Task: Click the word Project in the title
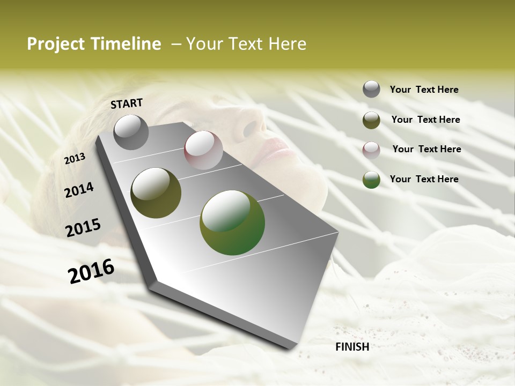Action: [x=54, y=44]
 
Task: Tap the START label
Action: [x=127, y=103]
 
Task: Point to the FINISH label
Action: [x=352, y=347]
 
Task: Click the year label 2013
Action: [x=75, y=159]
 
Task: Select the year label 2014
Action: [x=79, y=190]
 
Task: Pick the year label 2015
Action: [x=83, y=228]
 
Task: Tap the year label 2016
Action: [x=91, y=271]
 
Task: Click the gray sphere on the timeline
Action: [x=131, y=132]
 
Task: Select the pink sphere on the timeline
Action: [x=203, y=150]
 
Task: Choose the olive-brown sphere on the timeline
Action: [x=156, y=193]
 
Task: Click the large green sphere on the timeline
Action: [x=232, y=222]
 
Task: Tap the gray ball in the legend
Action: [x=371, y=90]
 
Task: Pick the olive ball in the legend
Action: [x=371, y=120]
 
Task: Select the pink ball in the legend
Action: [x=371, y=150]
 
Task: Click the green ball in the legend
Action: [x=371, y=180]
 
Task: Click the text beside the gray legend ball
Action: [x=424, y=90]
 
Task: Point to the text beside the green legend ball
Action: [x=424, y=179]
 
